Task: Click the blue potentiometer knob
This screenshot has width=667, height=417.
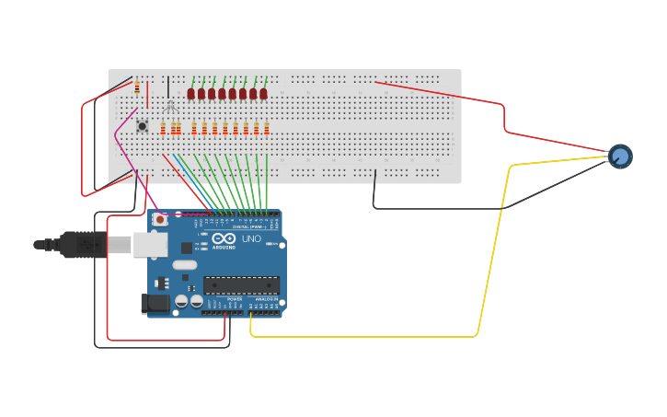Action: [x=620, y=156]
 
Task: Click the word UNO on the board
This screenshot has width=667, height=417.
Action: [x=251, y=238]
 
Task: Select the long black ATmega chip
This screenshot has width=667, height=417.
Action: [x=241, y=287]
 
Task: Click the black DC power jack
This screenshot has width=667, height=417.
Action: [x=155, y=303]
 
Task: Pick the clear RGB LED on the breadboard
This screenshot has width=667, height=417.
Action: [x=169, y=106]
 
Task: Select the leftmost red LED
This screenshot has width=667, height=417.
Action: [x=191, y=93]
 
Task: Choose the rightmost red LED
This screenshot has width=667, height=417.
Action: [x=263, y=93]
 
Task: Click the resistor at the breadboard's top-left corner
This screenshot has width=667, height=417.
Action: [x=137, y=88]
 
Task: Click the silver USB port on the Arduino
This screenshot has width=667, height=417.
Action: [x=150, y=244]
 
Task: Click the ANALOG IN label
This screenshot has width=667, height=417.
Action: [x=265, y=299]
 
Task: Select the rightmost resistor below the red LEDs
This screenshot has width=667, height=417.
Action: [x=267, y=128]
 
